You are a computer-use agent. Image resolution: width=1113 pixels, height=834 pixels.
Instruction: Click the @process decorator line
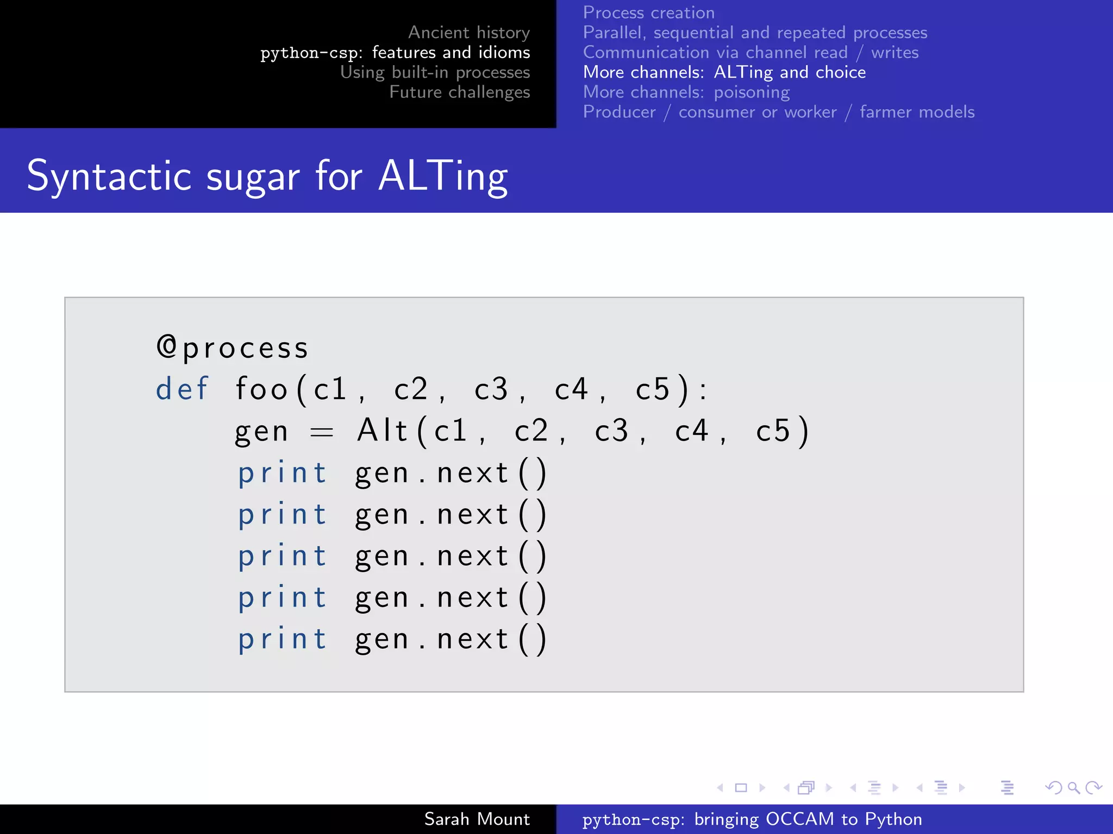[233, 347]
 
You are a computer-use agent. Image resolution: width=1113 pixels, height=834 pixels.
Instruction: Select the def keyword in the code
[182, 389]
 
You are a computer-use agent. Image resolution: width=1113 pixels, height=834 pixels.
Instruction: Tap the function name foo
[261, 389]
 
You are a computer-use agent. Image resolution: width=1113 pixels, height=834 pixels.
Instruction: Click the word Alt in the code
[382, 431]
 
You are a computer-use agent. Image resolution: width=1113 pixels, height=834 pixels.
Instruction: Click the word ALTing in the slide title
[443, 176]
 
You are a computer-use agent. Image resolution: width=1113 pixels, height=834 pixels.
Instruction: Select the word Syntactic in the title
[109, 176]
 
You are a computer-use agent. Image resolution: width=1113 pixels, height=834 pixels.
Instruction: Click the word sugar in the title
[253, 178]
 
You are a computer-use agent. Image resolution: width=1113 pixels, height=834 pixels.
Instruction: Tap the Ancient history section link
[469, 33]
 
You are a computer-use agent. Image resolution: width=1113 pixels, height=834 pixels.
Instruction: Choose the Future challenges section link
[460, 92]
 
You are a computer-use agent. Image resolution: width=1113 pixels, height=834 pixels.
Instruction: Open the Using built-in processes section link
[435, 72]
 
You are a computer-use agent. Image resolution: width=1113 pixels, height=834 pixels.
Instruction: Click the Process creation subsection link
[649, 12]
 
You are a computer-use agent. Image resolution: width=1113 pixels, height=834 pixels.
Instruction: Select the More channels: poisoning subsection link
[686, 92]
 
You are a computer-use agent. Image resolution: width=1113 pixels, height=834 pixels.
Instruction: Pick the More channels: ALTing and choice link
[724, 72]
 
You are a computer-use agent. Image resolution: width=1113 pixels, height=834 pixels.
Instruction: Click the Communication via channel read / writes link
[751, 52]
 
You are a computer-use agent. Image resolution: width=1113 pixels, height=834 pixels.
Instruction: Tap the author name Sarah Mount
[477, 819]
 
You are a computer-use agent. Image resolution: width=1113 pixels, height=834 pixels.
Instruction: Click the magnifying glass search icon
[1073, 787]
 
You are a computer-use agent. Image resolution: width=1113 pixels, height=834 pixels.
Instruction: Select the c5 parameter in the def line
[652, 389]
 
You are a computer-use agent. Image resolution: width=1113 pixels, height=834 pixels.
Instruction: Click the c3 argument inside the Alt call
[612, 431]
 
